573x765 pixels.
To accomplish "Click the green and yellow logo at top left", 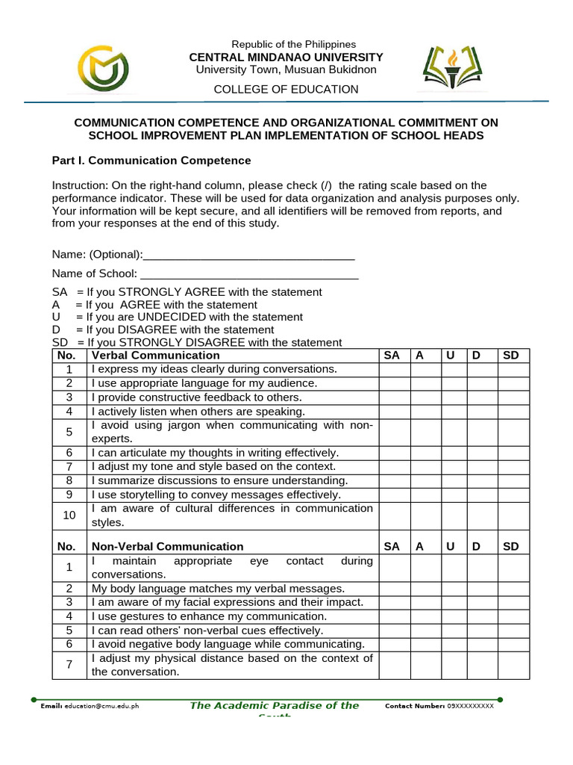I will (107, 68).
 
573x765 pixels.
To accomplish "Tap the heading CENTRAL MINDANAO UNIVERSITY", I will (286, 58).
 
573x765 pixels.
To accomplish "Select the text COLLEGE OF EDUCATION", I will (286, 89).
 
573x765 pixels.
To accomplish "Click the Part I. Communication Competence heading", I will (151, 161).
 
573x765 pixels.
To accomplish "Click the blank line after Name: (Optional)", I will (248, 255).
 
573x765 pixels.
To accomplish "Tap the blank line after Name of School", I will (249, 274).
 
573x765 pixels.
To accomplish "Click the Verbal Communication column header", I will (155, 356).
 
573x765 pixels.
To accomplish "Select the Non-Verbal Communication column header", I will (167, 547).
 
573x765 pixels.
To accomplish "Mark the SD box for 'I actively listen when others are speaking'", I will (513, 412).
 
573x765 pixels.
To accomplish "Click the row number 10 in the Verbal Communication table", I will (69, 515).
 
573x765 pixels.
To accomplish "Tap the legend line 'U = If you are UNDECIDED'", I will (178, 317).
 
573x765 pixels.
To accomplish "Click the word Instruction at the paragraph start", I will (77, 185).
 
